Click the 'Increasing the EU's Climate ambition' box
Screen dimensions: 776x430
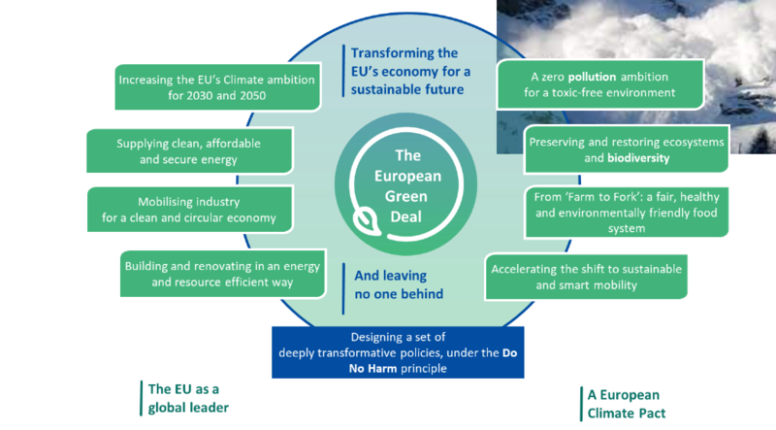pos(217,86)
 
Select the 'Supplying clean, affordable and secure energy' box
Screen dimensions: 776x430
pos(189,150)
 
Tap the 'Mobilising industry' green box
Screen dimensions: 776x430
pos(190,209)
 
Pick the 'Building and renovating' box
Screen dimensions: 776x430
pos(223,274)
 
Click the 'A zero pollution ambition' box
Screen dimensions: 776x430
pos(599,84)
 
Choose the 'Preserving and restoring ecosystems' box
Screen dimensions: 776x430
pos(627,149)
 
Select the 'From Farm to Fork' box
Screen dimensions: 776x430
pos(627,212)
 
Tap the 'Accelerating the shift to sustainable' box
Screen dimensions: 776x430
pos(587,277)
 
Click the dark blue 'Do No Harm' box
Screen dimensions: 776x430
pos(398,352)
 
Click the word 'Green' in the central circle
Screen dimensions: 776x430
pos(405,196)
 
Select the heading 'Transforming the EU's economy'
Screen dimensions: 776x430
pos(410,71)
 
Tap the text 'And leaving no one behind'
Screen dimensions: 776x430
pos(399,284)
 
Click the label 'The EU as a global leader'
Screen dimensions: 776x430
pos(188,398)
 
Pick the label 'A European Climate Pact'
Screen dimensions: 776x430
pos(626,404)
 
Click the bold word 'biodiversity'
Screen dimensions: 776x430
pos(638,158)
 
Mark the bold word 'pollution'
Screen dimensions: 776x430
pos(592,77)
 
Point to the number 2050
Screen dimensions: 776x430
pos(253,95)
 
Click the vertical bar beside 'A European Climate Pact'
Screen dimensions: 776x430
pos(581,404)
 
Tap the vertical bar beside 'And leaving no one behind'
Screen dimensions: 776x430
pos(343,288)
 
